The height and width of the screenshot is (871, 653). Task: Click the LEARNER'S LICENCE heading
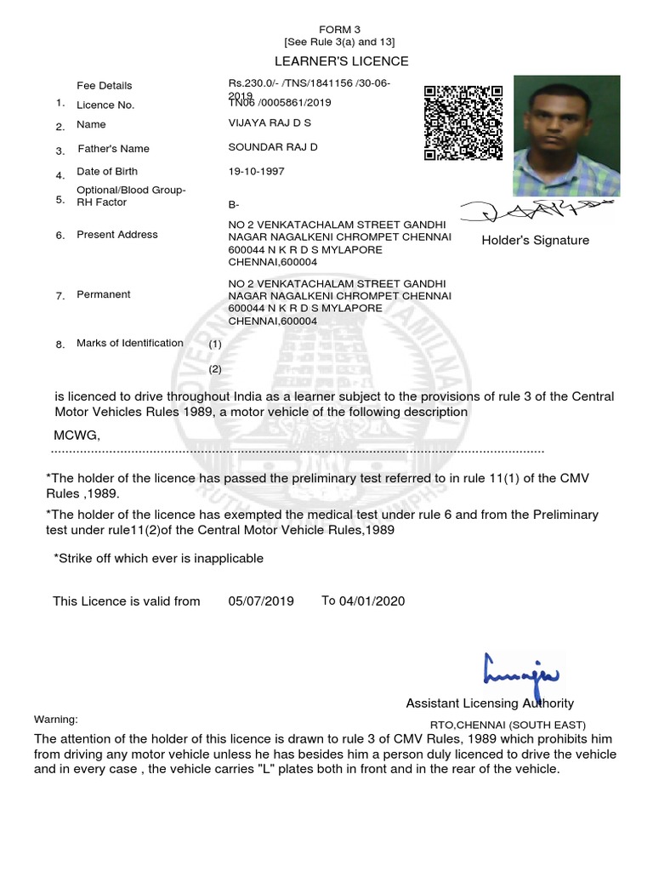click(340, 61)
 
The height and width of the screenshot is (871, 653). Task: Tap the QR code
click(463, 123)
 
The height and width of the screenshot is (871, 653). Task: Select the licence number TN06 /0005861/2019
click(275, 103)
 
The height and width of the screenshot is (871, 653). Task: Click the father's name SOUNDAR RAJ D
click(267, 147)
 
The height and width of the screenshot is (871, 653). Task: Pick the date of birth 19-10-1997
click(257, 171)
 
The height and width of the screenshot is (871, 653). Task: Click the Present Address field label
click(117, 235)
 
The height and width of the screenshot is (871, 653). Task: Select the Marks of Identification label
click(130, 343)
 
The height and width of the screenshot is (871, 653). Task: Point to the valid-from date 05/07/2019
click(261, 601)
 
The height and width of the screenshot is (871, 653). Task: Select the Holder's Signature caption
click(535, 241)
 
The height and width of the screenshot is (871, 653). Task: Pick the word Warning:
click(55, 720)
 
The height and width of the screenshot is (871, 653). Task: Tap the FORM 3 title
click(340, 29)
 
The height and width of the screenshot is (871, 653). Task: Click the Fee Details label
click(105, 86)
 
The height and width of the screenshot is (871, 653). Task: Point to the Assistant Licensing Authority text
click(490, 703)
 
